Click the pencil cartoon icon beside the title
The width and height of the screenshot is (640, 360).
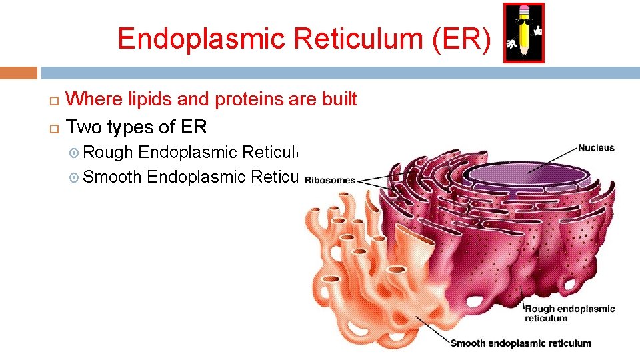524,33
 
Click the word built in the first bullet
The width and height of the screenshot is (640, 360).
339,100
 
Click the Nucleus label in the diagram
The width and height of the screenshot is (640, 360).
596,148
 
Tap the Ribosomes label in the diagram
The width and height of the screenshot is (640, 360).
330,180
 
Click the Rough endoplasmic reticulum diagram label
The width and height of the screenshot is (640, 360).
569,313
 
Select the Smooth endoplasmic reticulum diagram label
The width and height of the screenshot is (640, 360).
520,343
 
